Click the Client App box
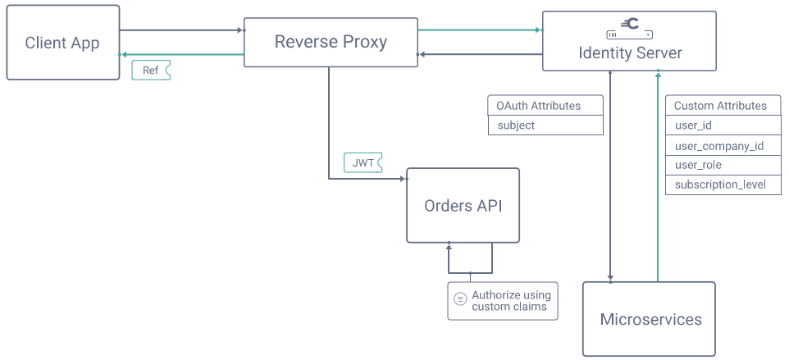[x=63, y=43]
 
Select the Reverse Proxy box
[x=331, y=42]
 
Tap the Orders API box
[x=463, y=206]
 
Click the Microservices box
[x=650, y=319]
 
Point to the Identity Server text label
[x=630, y=53]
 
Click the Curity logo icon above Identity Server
[x=630, y=25]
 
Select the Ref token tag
[x=151, y=71]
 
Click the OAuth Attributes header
[x=545, y=106]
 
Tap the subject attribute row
[x=545, y=125]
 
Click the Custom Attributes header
[x=722, y=106]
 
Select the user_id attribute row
[x=722, y=125]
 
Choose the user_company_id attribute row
[x=722, y=146]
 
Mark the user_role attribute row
[x=722, y=165]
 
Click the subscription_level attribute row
[x=722, y=185]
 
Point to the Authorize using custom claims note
[x=510, y=301]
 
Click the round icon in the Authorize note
[x=460, y=301]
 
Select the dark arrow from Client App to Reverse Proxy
[x=182, y=30]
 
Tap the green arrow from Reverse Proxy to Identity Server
[x=480, y=30]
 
